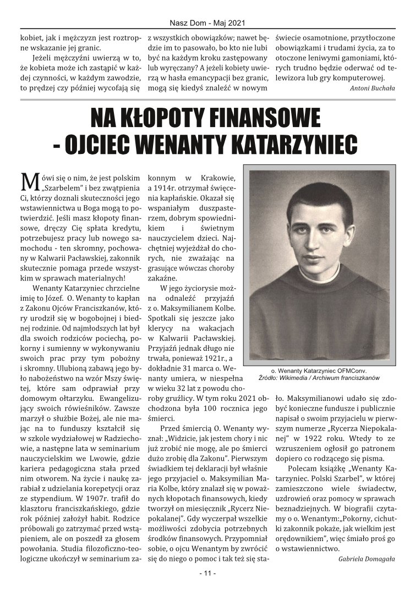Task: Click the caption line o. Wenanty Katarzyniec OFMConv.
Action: (319, 371)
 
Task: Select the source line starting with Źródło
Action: (319, 378)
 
